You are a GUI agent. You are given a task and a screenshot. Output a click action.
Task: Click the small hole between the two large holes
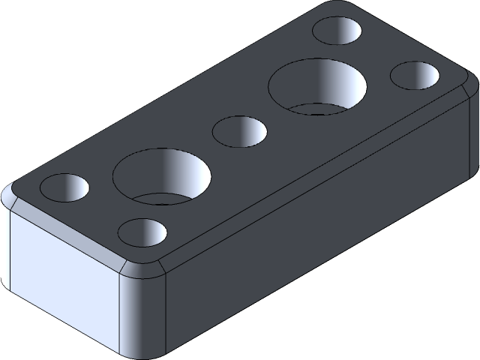tap(240, 132)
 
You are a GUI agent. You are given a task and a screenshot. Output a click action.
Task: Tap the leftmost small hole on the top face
tap(64, 187)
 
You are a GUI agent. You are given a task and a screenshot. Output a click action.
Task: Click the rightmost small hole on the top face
tap(416, 76)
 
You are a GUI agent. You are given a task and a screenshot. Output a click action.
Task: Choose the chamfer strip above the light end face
tap(67, 231)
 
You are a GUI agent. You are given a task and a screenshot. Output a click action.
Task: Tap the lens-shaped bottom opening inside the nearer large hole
tap(162, 198)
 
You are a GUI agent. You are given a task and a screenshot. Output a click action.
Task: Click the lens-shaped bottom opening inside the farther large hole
tap(319, 109)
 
